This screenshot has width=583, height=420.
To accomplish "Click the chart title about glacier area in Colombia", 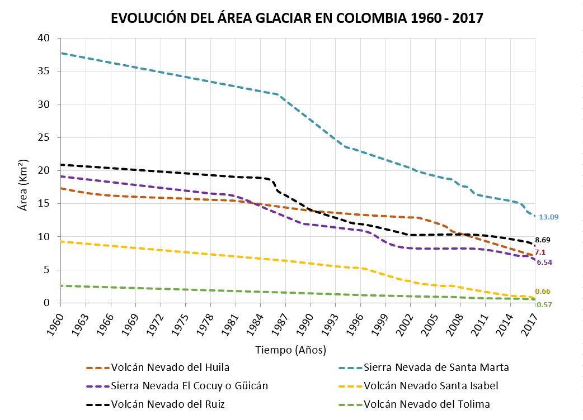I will [x=297, y=17].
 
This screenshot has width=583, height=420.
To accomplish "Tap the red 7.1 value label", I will [x=540, y=252].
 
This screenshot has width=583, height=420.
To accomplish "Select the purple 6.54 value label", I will [x=544, y=262].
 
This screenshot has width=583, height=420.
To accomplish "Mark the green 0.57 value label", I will [x=544, y=304].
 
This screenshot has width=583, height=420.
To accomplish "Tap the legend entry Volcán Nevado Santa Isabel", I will [x=430, y=386].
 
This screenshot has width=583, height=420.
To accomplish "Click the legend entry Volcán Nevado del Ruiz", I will [x=168, y=404].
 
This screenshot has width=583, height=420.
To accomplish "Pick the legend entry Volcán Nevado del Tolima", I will [x=426, y=404].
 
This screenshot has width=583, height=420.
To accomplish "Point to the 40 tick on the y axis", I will [x=44, y=38].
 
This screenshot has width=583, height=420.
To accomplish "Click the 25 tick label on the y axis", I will [x=44, y=137].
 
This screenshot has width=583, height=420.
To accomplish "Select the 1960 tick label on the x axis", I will [x=56, y=323].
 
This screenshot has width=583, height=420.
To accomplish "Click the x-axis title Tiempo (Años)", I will [x=290, y=350].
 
